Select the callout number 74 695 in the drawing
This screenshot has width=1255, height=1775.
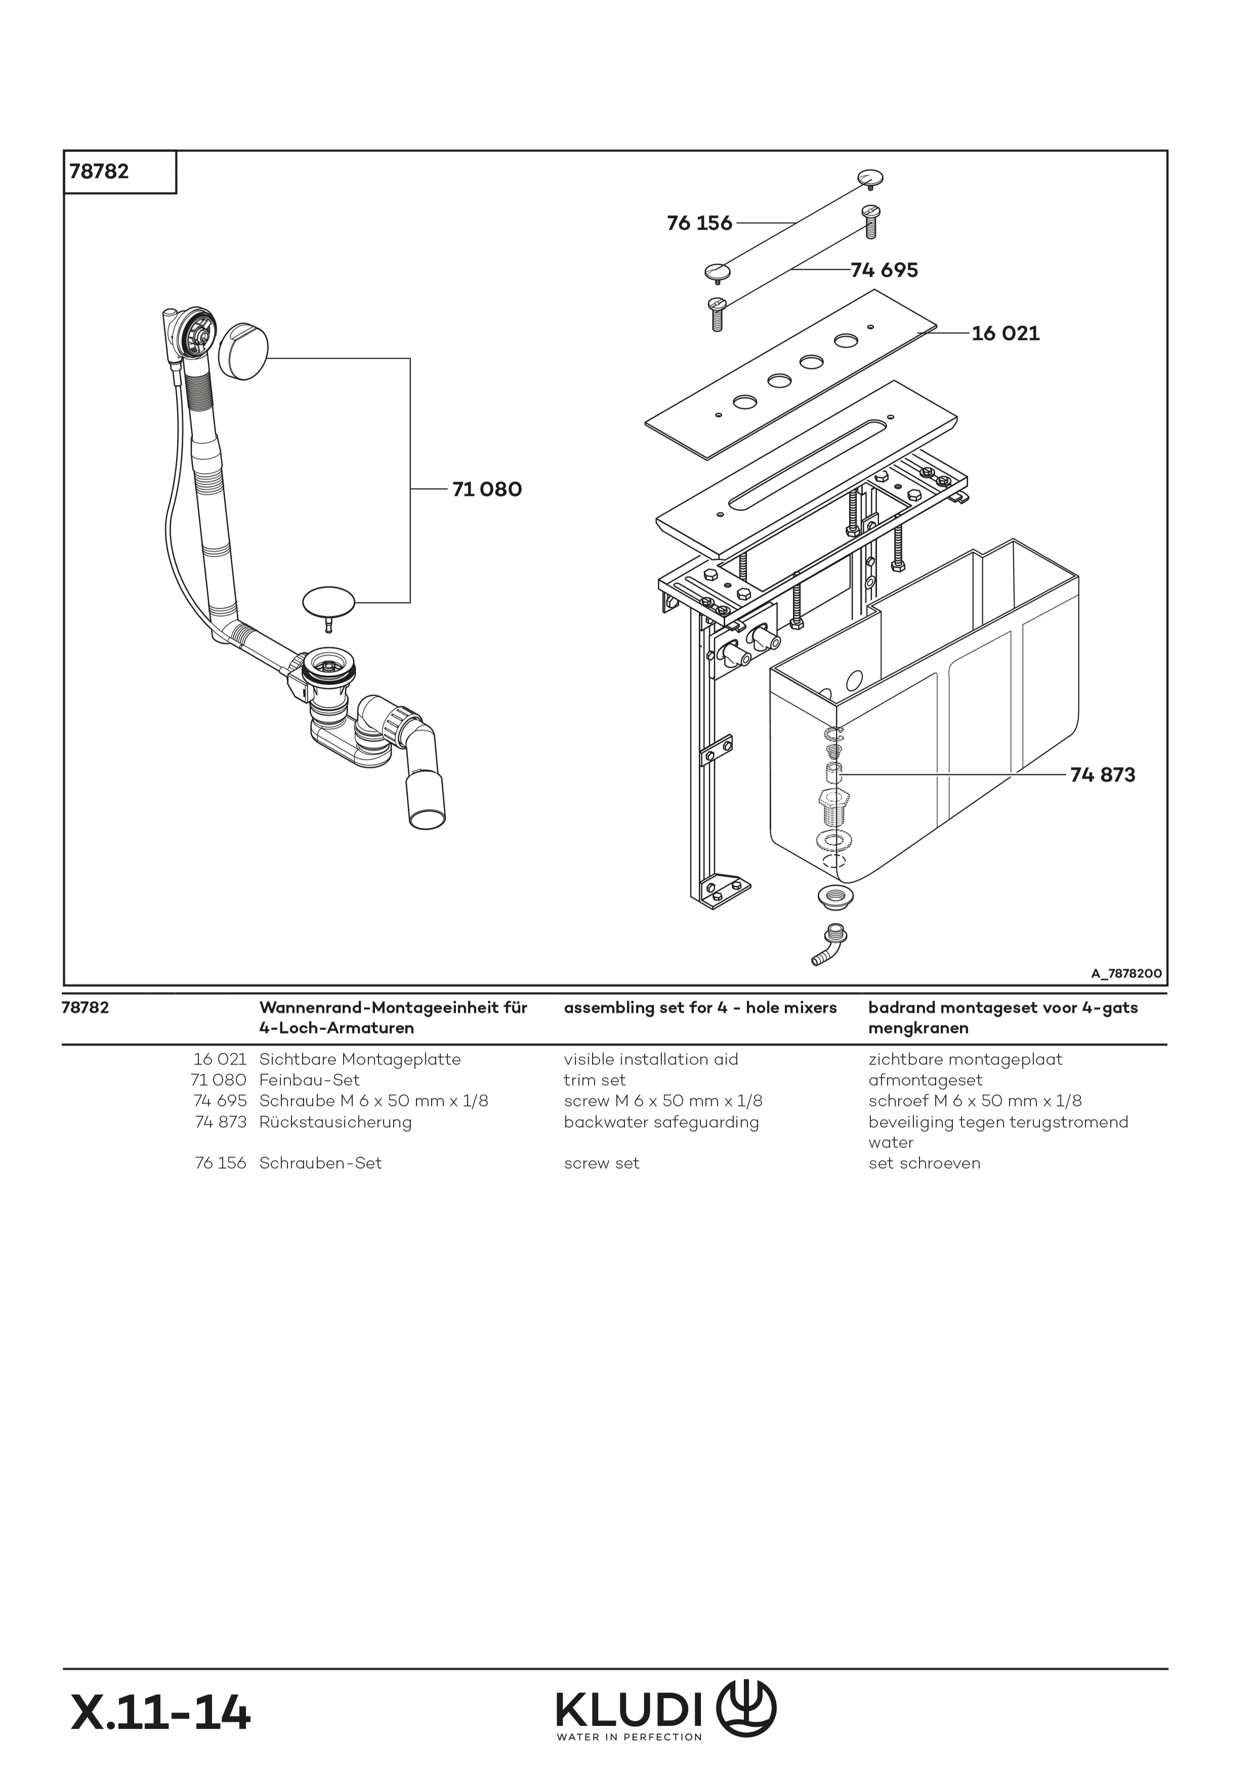884,271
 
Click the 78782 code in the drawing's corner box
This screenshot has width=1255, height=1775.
99,172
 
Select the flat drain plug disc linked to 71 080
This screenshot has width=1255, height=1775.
328,601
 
